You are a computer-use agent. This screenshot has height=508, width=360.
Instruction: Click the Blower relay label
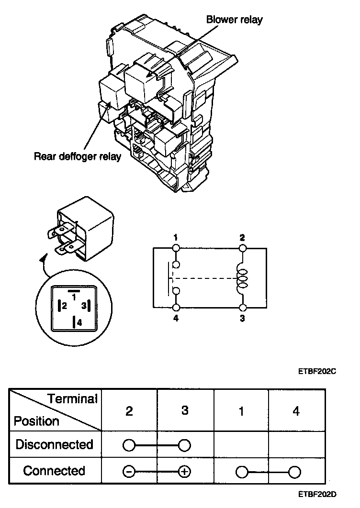click(x=234, y=20)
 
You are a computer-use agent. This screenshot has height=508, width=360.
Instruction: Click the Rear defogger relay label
click(x=78, y=156)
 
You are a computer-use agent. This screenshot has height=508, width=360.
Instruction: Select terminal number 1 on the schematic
click(x=176, y=238)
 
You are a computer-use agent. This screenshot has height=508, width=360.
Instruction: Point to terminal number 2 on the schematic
click(x=242, y=238)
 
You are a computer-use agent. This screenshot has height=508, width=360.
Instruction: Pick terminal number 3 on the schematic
click(x=242, y=319)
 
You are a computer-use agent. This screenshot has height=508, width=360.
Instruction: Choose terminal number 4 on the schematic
click(x=176, y=319)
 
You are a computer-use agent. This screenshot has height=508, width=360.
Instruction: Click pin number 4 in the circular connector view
click(x=79, y=323)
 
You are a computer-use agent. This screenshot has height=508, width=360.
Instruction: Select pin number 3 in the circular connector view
click(x=83, y=305)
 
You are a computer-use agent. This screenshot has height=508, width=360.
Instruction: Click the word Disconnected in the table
click(x=54, y=444)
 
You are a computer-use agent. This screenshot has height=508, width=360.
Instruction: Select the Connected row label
click(x=54, y=471)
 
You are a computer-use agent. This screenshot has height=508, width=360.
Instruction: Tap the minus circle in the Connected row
click(x=129, y=472)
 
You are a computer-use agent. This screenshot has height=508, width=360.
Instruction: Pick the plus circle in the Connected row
click(x=184, y=472)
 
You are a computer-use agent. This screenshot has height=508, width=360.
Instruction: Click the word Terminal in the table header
click(x=72, y=398)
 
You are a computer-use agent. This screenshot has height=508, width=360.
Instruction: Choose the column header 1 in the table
click(x=241, y=411)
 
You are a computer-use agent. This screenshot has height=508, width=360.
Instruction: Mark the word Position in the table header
click(x=36, y=421)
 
